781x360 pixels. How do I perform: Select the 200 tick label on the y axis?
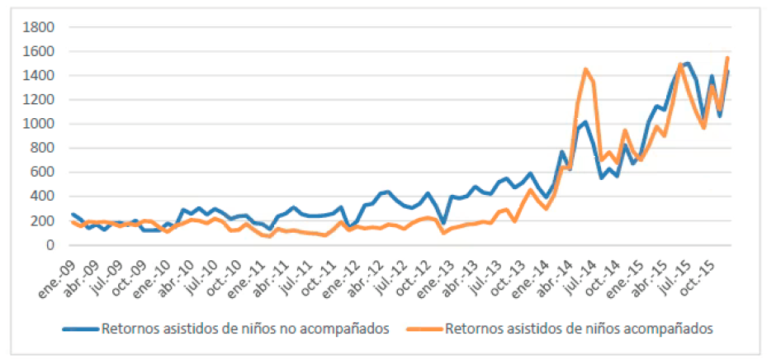(41, 221)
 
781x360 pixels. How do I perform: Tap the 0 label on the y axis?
(49, 245)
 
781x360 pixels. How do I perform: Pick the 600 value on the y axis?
(41, 173)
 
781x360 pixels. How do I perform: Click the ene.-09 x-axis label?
(61, 270)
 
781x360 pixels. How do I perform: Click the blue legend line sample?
(81, 329)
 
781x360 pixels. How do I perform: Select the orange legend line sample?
(424, 329)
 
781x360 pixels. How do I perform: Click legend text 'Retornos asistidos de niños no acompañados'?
(245, 329)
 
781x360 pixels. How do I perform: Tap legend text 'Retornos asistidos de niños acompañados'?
(578, 329)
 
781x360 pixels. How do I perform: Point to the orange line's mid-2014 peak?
(585, 69)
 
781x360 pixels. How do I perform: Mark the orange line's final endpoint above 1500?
(727, 58)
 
